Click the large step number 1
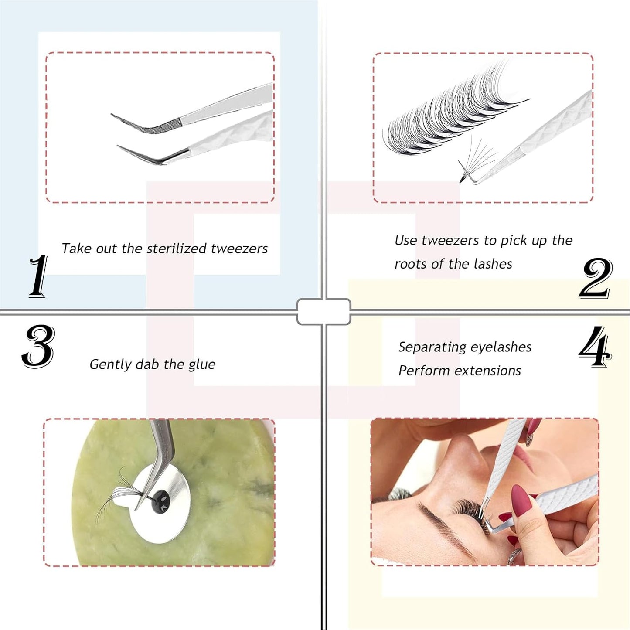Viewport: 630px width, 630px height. coord(38,277)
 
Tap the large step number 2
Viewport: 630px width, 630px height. coord(596,278)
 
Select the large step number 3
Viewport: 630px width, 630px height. coord(38,347)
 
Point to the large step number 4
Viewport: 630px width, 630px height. coord(595,347)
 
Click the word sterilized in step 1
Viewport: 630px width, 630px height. coord(177,249)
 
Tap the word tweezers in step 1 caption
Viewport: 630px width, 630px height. coord(239,249)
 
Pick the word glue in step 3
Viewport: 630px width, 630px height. coord(201,364)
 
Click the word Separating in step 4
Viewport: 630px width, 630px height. coord(432,347)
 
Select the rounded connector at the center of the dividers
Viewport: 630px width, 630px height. coord(324,311)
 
